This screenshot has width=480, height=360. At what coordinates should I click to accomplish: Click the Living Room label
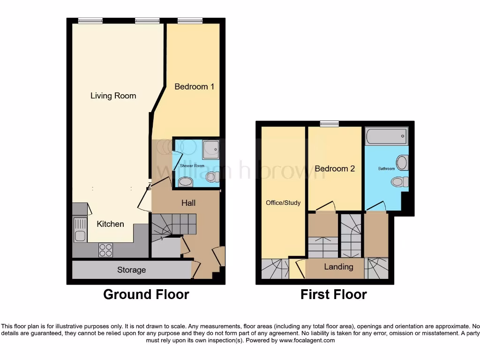click(x=113, y=96)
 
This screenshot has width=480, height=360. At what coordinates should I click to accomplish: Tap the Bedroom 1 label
click(x=194, y=87)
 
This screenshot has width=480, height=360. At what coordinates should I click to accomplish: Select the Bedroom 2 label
click(x=334, y=169)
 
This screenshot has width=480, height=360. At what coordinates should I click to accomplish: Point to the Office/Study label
click(x=283, y=202)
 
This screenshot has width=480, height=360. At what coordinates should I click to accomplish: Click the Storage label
click(x=131, y=270)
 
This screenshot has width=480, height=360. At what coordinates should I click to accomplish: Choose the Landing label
click(x=338, y=267)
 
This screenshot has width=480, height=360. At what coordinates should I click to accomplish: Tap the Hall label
click(x=188, y=203)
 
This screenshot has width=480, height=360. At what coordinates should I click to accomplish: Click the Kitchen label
click(x=110, y=224)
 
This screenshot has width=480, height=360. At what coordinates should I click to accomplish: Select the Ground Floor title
click(x=146, y=294)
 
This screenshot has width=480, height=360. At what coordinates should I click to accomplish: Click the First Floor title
click(x=333, y=294)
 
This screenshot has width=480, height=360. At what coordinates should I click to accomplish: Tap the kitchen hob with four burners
click(x=105, y=250)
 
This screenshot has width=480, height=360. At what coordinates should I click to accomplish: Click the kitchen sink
click(x=80, y=230)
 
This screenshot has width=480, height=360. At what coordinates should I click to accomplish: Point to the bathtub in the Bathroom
click(x=386, y=136)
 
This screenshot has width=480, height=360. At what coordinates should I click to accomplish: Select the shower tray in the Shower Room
click(x=209, y=149)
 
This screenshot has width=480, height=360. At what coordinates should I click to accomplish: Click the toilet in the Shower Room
click(x=212, y=177)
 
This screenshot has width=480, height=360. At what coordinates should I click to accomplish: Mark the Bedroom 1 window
click(x=190, y=20)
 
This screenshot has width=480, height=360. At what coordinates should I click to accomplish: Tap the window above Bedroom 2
click(x=329, y=124)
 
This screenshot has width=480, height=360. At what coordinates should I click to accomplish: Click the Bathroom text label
click(x=387, y=169)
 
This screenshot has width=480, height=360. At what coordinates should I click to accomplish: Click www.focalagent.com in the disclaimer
click(x=307, y=340)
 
